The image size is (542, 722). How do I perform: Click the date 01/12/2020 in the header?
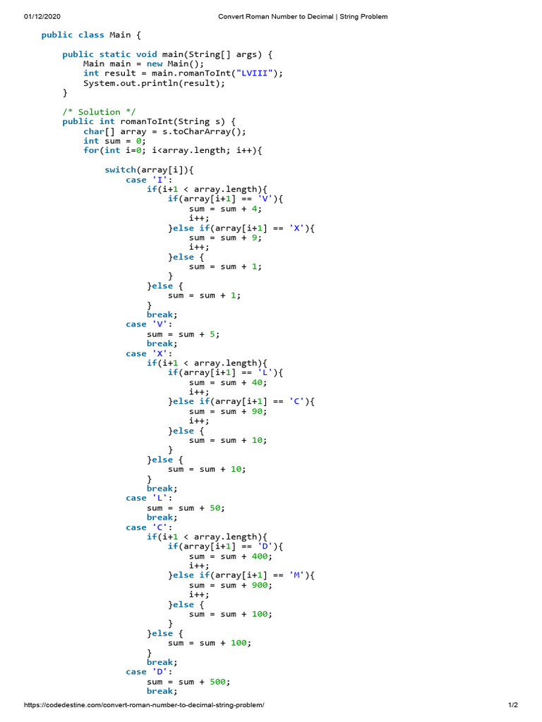tap(43, 16)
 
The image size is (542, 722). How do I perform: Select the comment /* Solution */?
tap(99, 111)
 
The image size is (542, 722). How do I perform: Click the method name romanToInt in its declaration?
tap(146, 121)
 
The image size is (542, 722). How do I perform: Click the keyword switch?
tap(120, 170)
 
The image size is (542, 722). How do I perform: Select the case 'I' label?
tap(146, 180)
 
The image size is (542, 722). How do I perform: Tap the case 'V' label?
tap(146, 324)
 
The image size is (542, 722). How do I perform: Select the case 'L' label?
tap(146, 498)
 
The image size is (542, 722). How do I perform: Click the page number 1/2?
tap(513, 705)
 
